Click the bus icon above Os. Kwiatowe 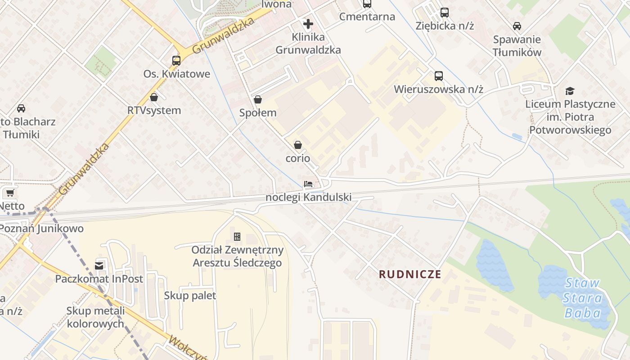(176, 60)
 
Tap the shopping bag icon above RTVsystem (154, 97)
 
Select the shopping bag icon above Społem (258, 99)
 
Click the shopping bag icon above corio (297, 144)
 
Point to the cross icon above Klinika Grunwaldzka (308, 23)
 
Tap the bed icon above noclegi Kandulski (308, 184)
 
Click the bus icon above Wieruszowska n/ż (438, 76)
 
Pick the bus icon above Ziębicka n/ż (445, 12)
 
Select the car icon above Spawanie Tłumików (517, 26)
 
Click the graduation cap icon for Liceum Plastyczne (570, 91)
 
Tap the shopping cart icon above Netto (9, 193)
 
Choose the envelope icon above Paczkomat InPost (99, 265)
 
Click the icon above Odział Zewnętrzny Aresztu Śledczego (237, 236)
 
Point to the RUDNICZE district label (410, 274)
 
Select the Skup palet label (190, 296)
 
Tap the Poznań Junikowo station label (41, 228)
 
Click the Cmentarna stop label (367, 17)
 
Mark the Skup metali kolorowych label (95, 317)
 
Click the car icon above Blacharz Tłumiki (21, 108)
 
